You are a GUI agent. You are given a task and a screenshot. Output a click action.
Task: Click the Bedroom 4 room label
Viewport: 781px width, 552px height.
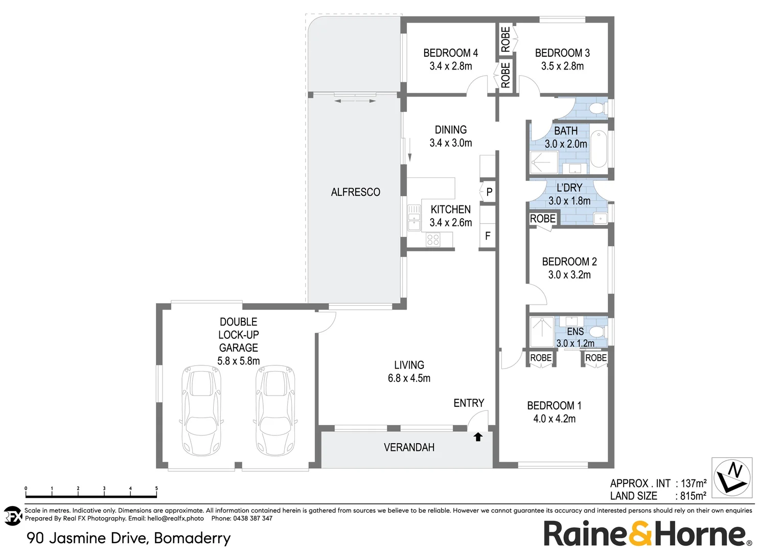point(450,53)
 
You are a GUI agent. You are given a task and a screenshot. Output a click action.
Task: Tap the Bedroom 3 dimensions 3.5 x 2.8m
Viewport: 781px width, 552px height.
point(562,66)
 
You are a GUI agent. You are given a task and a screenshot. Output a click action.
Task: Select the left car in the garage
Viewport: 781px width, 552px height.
point(202,410)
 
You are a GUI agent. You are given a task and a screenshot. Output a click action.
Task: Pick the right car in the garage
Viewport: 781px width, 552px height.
point(275,410)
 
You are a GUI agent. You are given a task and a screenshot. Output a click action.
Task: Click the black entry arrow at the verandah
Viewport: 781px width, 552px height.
point(478,437)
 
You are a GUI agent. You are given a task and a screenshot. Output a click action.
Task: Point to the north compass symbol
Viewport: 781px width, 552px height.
point(732,477)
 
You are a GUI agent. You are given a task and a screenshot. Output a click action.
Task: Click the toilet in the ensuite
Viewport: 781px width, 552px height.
point(596,333)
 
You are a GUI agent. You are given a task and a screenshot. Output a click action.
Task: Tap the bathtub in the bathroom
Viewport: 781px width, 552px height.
point(598,149)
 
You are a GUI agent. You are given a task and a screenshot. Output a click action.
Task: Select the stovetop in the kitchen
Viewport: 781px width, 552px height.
point(433,239)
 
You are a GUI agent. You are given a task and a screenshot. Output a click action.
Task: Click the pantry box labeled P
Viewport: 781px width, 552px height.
point(489,192)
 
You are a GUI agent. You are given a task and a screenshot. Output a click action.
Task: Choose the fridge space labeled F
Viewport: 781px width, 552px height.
point(488,236)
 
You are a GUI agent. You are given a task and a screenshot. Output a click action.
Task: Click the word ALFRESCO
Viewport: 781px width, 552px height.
point(356,192)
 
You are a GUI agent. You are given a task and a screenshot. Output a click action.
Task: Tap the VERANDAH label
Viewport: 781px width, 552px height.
point(409,448)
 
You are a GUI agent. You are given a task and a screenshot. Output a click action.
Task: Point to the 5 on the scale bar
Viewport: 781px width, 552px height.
point(156,489)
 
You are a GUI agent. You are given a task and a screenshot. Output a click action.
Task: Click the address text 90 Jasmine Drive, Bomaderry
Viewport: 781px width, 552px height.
point(129,538)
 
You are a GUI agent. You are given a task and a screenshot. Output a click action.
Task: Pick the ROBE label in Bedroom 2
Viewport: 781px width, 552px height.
point(542,219)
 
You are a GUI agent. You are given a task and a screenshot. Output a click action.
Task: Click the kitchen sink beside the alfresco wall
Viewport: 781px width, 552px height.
point(414,218)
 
